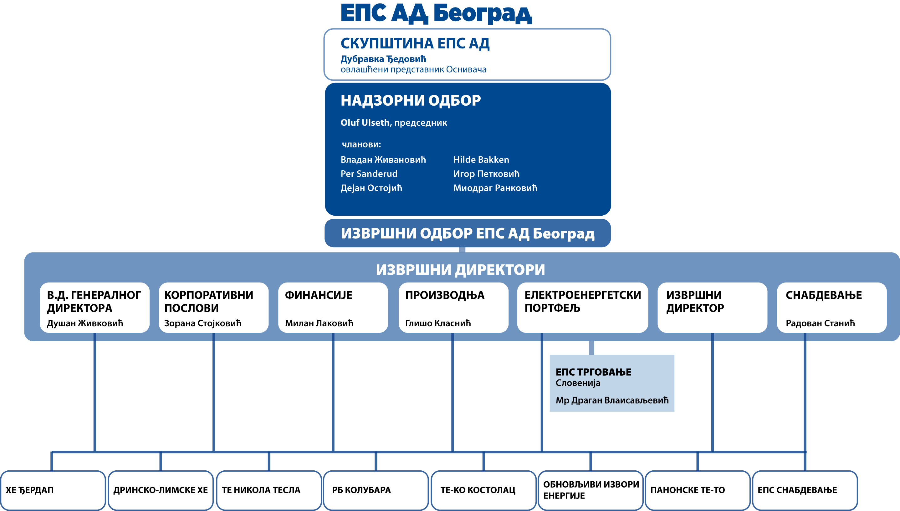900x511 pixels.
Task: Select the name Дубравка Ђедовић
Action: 383,59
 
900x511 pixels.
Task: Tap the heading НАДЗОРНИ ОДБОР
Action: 411,100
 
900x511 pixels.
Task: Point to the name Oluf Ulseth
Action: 365,123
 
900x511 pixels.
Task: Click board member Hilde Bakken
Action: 481,160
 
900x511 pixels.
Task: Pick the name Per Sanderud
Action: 369,174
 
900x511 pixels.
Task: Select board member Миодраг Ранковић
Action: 495,188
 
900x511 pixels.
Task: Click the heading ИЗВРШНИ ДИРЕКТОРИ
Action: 460,269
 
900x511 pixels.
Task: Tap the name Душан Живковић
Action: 85,323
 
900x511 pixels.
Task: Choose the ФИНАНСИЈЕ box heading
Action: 319,295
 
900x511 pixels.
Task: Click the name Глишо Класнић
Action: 438,323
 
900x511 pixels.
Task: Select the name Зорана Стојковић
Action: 203,323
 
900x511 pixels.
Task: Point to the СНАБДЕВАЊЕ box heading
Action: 824,295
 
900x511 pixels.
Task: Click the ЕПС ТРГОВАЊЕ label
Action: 593,372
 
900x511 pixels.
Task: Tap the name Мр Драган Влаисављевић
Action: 612,400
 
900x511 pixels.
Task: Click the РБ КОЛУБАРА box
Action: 376,490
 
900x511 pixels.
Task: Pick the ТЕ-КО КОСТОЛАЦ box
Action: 483,490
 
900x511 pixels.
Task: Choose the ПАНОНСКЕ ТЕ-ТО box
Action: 697,490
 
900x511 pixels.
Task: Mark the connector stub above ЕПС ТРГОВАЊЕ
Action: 591,348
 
